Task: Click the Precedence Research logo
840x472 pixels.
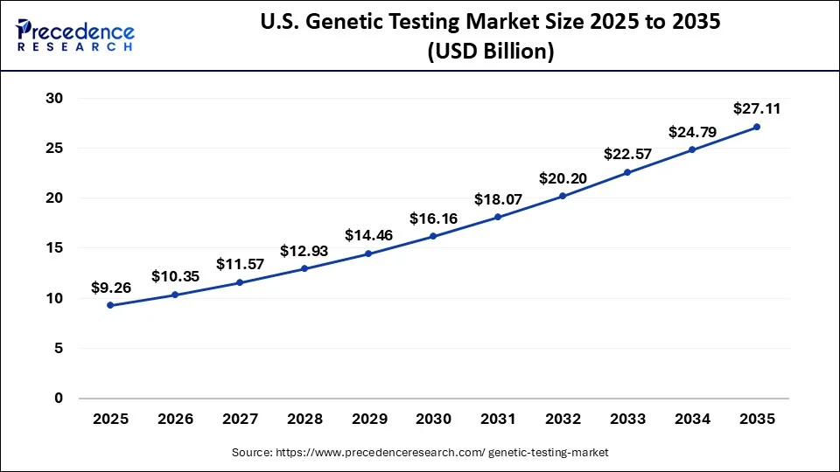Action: click(x=75, y=35)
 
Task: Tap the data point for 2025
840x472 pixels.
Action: click(x=110, y=305)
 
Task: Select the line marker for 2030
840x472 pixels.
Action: click(x=433, y=236)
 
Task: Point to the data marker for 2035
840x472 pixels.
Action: click(x=757, y=127)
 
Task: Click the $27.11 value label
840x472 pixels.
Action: click(x=757, y=109)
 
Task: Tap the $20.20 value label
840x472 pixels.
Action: click(x=563, y=178)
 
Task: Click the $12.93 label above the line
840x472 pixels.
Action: click(x=304, y=251)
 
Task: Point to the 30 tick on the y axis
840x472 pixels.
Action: click(x=54, y=99)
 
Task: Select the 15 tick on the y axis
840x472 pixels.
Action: click(x=54, y=248)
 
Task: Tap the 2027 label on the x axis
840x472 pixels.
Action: click(x=240, y=420)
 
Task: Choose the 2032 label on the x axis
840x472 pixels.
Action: click(x=563, y=420)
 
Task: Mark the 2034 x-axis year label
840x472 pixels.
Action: click(x=692, y=420)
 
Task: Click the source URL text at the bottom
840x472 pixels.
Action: click(x=420, y=453)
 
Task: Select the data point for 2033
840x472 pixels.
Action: click(x=627, y=172)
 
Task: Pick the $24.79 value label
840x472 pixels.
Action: click(x=692, y=132)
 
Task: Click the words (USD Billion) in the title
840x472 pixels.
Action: click(x=490, y=52)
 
